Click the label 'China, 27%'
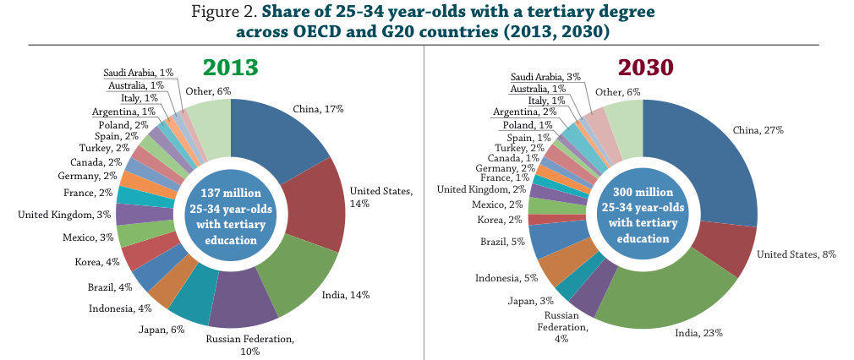pos(758,130)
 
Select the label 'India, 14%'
pos(346,295)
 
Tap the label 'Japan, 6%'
pos(161,329)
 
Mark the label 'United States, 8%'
pos(796,254)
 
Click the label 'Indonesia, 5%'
pos(506,278)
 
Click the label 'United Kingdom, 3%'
pos(64,214)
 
